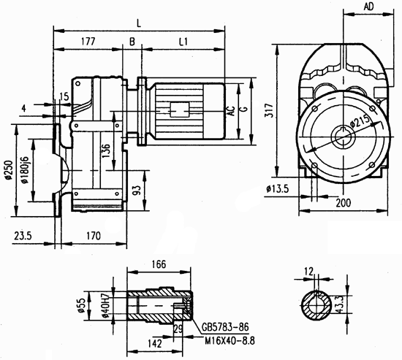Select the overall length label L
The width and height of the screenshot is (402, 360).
coord(139,24)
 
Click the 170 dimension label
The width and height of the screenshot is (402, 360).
coord(93,237)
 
